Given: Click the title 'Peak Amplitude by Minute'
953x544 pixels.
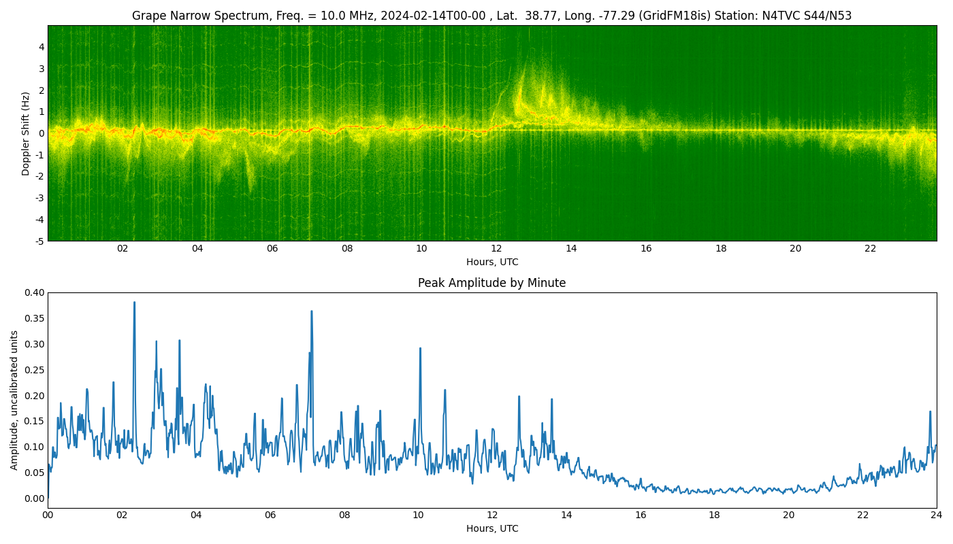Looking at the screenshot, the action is coord(491,283).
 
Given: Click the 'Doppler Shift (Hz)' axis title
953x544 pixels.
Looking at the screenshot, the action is coord(26,133).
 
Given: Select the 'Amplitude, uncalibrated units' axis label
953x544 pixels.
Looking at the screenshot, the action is coord(14,401).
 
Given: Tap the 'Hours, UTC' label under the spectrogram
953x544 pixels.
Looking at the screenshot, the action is coord(492,262).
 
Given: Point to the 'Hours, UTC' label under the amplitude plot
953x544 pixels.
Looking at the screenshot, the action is coord(492,528).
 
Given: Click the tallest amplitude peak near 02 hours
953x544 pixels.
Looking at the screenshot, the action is coord(135,302).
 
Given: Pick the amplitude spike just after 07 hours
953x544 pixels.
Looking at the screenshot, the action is coord(312,311).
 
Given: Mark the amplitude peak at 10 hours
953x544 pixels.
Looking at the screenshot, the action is coord(421,348).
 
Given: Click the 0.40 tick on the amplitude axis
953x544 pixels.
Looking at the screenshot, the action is coord(35,292).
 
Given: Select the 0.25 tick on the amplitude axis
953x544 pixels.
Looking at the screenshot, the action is coord(35,370).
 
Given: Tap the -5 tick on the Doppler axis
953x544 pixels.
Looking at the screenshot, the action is coord(40,241).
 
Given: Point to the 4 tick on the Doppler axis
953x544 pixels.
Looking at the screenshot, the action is coord(42,47).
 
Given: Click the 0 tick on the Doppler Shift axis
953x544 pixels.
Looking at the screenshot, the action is coord(42,133).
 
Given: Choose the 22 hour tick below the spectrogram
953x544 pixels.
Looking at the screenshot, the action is coord(871,249).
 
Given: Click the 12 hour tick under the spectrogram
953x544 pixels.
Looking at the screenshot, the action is coord(496,249).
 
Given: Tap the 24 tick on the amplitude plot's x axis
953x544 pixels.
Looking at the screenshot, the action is coord(937,515).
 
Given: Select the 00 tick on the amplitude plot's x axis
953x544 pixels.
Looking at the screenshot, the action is coord(48,515).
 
